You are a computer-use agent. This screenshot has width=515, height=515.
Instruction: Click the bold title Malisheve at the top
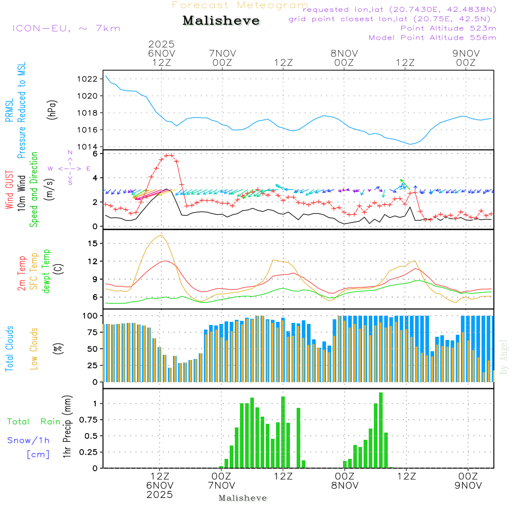coord(221,21)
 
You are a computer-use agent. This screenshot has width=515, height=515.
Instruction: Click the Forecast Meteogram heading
coord(240,5)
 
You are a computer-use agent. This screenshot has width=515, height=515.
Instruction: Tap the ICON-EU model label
coord(66,28)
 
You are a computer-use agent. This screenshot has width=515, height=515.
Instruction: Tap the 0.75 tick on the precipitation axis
coord(88,420)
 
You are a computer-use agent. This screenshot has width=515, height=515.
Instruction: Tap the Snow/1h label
coord(28,441)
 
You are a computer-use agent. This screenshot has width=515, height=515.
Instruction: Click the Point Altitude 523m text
coord(448,28)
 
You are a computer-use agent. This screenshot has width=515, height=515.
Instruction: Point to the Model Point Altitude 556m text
coord(432,38)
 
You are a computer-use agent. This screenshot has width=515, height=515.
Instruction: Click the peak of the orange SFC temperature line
coord(162,235)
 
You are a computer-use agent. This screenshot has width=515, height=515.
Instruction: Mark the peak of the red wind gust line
coord(169,155)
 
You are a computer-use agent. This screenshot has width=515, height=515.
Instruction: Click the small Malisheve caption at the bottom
coord(243,498)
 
